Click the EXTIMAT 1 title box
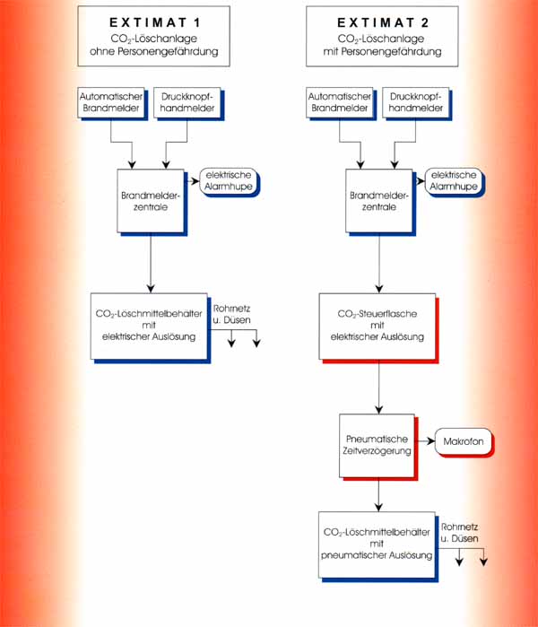click(x=153, y=36)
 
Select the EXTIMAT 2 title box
click(x=382, y=36)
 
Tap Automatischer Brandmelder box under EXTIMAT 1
click(x=111, y=102)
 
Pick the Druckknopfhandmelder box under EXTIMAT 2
click(x=416, y=102)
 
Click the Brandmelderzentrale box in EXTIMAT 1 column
click(x=151, y=201)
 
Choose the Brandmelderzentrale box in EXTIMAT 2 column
click(x=379, y=201)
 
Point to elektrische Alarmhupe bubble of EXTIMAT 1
click(x=229, y=180)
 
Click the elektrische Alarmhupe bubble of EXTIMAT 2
click(x=454, y=180)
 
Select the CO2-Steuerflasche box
click(x=377, y=327)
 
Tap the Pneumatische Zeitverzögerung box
click(x=377, y=445)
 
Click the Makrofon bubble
click(x=464, y=441)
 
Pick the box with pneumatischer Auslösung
click(x=377, y=544)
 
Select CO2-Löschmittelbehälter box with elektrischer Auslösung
click(x=149, y=327)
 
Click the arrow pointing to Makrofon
click(x=426, y=441)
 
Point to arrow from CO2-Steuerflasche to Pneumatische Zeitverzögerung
click(x=379, y=387)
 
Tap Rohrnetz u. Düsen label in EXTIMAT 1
click(x=231, y=314)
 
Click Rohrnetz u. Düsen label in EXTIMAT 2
click(x=459, y=533)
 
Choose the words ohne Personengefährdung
click(x=154, y=52)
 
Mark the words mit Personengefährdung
click(x=383, y=52)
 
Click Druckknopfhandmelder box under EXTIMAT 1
click(x=187, y=102)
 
